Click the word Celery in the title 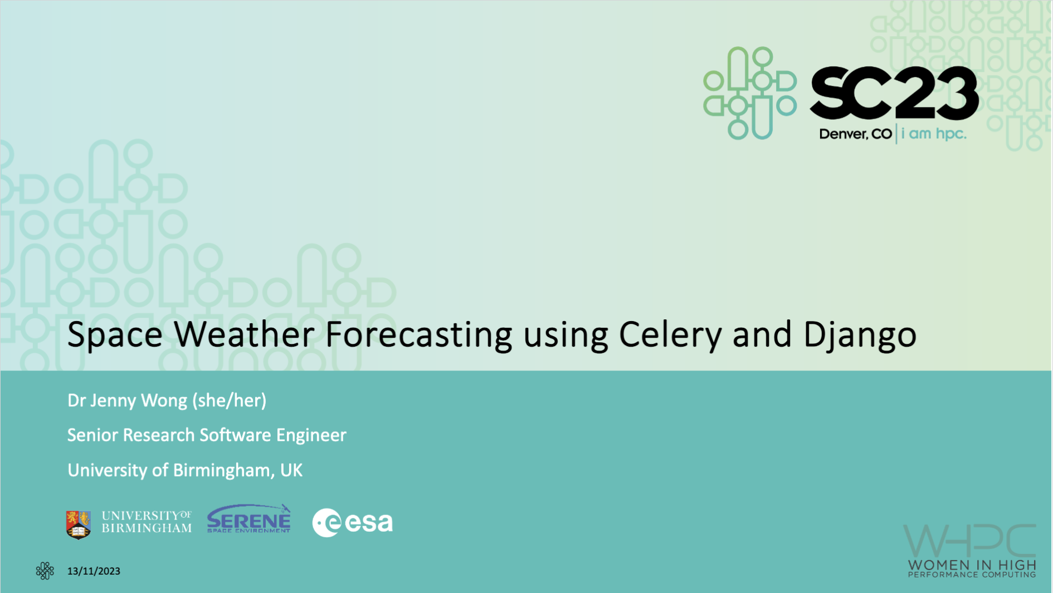click(670, 336)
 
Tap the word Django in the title click(860, 336)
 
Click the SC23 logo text click(894, 93)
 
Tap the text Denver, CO click(855, 134)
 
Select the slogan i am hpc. click(934, 134)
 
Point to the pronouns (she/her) click(229, 400)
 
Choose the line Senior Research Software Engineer click(207, 435)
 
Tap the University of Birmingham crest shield click(79, 524)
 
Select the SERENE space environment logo click(249, 519)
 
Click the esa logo click(353, 523)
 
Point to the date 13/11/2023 click(94, 571)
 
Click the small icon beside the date click(45, 571)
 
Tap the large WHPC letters click(969, 541)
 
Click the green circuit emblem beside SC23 click(750, 93)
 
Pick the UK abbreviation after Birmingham click(291, 470)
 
